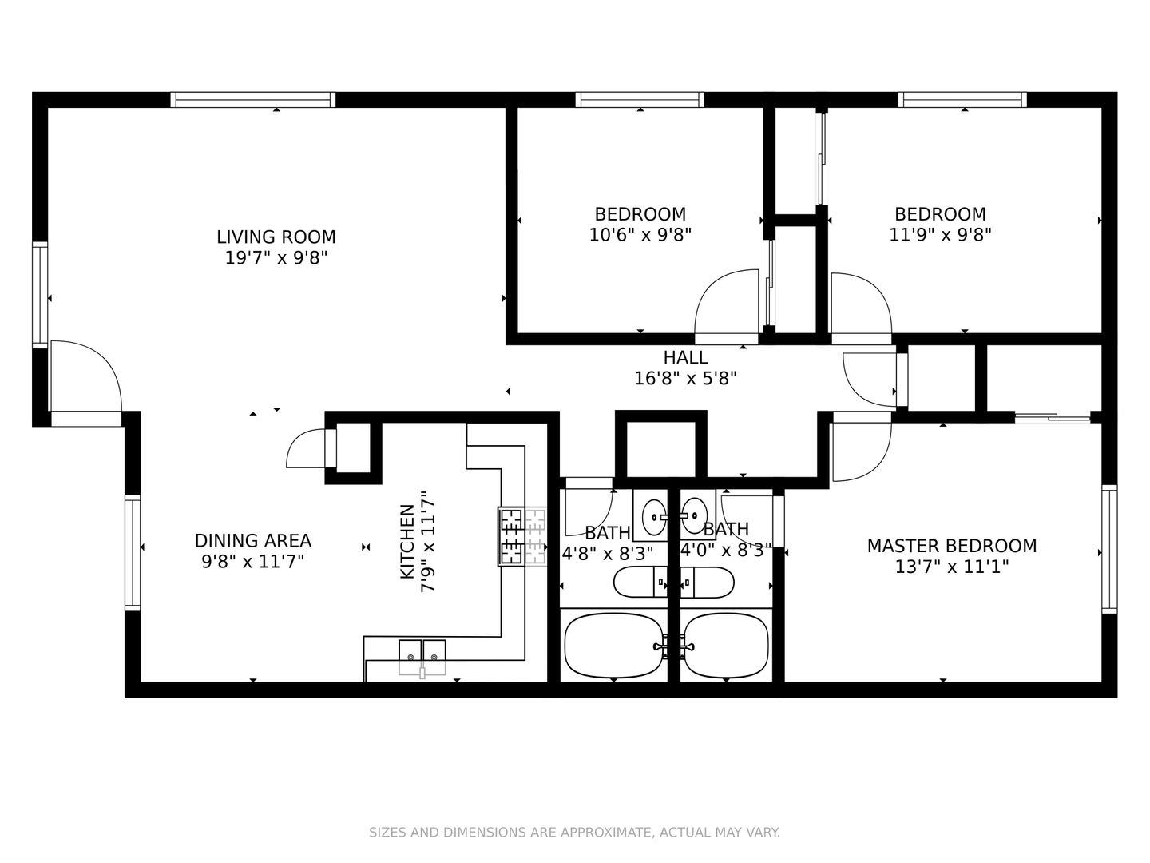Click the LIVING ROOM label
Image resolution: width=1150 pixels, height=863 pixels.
tap(276, 237)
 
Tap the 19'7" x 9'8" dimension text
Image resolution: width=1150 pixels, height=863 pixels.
tap(276, 258)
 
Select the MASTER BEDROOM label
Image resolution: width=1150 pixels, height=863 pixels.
tap(952, 546)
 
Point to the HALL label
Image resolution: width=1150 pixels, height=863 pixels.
tap(685, 357)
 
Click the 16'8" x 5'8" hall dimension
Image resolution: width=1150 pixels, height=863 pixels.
tap(685, 378)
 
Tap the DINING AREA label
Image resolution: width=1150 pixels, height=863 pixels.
tap(253, 541)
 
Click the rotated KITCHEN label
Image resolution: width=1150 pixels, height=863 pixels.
tap(407, 542)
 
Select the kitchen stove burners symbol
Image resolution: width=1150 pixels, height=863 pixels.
tap(521, 536)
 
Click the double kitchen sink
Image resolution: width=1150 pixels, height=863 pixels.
tap(422, 658)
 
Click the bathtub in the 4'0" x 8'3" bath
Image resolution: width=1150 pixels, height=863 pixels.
tap(727, 646)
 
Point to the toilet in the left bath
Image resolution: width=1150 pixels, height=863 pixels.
tap(640, 583)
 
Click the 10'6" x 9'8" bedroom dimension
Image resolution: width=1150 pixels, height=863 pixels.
tap(640, 235)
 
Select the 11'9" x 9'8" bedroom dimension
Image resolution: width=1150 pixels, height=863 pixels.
tap(941, 235)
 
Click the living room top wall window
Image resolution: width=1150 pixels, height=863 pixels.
tap(253, 100)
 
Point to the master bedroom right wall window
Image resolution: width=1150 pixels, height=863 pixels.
tap(1109, 549)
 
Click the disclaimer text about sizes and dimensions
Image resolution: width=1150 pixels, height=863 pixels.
tap(575, 832)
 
